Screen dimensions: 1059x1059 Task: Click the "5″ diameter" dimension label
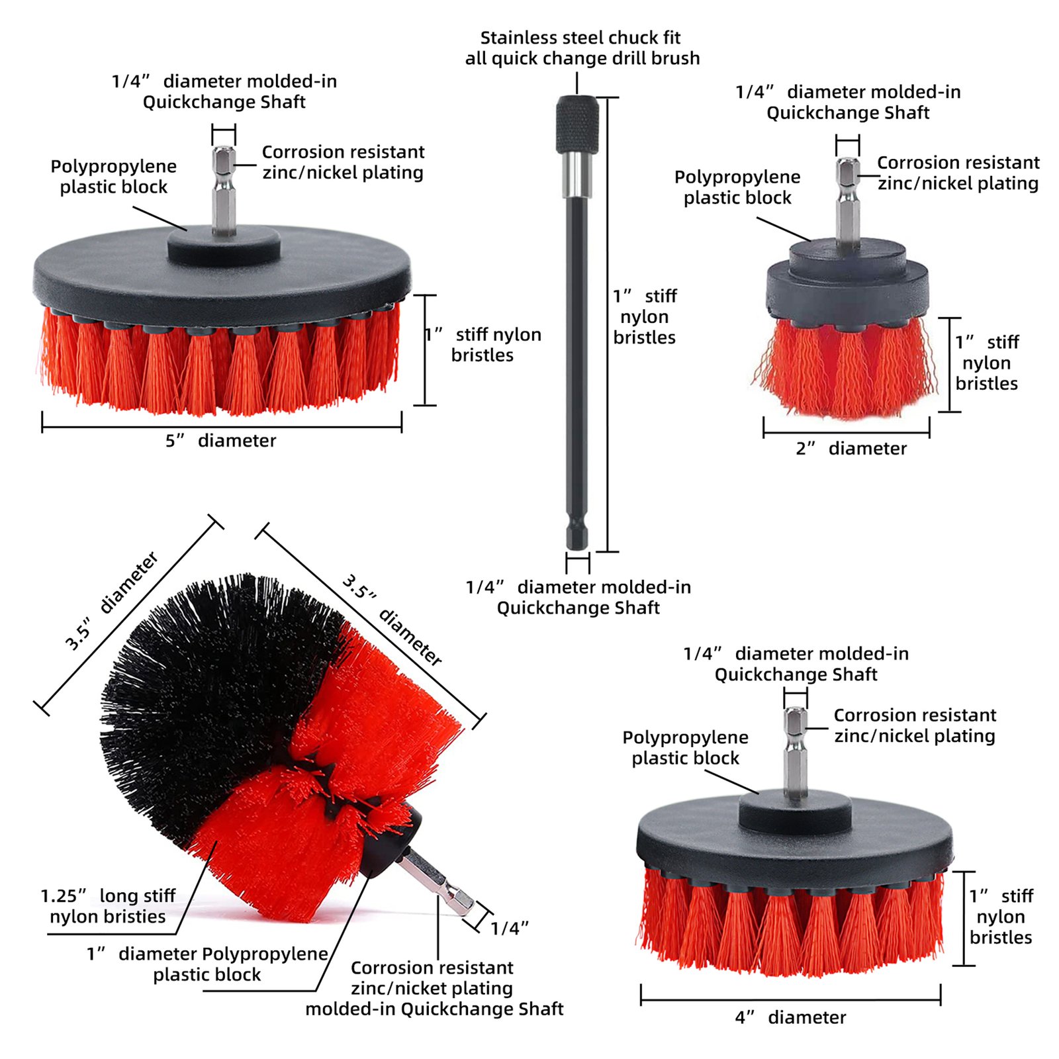coord(220,440)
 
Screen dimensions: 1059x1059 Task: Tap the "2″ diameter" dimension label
coord(851,448)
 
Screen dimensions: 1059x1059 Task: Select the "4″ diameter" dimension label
coord(790,1017)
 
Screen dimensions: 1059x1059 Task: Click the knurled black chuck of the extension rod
coord(577,124)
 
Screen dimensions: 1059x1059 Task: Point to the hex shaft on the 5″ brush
coord(224,189)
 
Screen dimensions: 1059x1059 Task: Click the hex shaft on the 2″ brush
coord(848,202)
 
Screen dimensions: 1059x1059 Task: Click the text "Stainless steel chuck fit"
coord(580,38)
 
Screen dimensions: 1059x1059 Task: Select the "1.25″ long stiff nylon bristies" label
coord(108,906)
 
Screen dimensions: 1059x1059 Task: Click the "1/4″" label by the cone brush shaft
coord(509,928)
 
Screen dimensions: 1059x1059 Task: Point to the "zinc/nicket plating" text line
coord(432,988)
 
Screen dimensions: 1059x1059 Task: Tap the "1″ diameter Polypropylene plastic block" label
coord(207,964)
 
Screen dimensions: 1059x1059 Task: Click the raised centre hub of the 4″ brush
coord(795,811)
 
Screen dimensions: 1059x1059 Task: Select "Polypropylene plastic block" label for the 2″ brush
coord(737,187)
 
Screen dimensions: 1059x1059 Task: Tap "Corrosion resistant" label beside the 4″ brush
coord(915,715)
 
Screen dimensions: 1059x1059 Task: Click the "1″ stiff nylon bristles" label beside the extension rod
coord(645,316)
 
